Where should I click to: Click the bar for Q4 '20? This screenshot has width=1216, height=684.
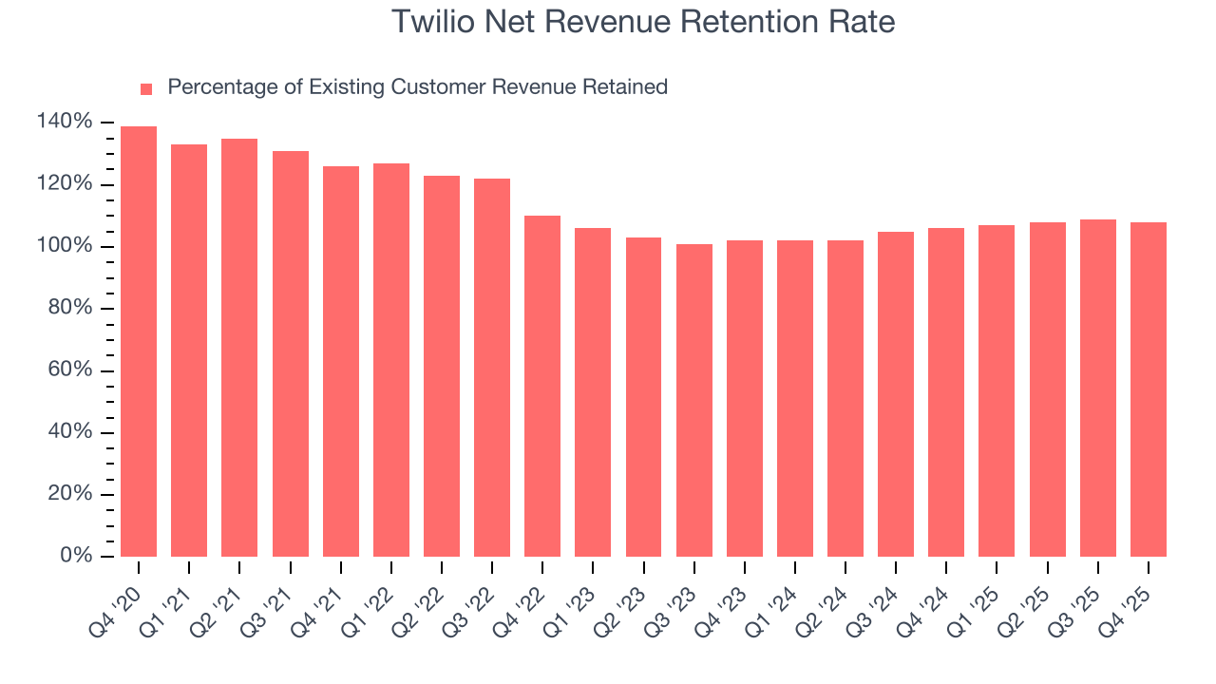pos(139,341)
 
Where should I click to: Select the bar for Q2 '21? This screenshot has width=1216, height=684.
pos(239,347)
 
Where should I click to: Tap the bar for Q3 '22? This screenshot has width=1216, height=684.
pos(492,367)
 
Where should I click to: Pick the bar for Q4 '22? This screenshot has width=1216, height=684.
pos(542,386)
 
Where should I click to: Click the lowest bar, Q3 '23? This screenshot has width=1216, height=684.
pos(694,400)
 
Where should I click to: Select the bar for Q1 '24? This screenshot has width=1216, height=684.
pos(795,398)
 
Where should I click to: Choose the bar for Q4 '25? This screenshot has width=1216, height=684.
pos(1149,389)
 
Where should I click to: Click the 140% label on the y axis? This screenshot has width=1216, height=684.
pos(65,122)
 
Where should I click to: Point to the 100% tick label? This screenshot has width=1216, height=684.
pos(65,246)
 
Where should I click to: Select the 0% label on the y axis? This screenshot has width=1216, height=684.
pos(76,556)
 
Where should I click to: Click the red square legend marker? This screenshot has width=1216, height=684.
pos(146,89)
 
